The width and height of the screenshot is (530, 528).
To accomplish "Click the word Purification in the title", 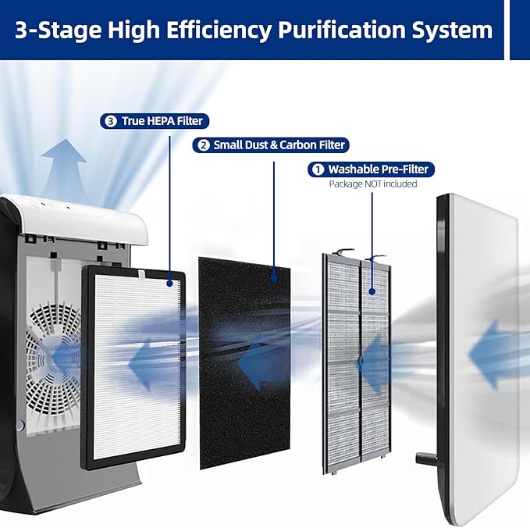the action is (x=341, y=30).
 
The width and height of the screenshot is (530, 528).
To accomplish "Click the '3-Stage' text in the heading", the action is (x=58, y=30).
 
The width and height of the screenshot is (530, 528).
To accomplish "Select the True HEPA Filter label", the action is (x=155, y=121).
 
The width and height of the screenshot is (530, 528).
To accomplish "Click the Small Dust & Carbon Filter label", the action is (x=271, y=145).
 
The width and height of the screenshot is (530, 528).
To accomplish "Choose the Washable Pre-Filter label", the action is (x=371, y=169).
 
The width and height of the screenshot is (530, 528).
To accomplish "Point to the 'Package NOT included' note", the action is (x=373, y=184).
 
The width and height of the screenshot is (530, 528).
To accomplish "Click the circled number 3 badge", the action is (x=111, y=121).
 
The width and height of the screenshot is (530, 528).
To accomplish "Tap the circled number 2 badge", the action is (x=203, y=145).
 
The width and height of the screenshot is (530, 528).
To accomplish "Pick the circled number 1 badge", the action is (x=318, y=169).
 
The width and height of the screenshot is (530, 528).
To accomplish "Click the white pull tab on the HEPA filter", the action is (x=141, y=275).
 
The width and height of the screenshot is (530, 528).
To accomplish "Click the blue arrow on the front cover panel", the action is (x=493, y=355).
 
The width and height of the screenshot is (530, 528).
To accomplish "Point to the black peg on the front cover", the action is (x=426, y=458).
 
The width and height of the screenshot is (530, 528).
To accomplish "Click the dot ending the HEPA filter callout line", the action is (x=169, y=283).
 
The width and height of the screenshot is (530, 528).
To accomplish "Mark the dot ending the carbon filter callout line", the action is (x=274, y=278).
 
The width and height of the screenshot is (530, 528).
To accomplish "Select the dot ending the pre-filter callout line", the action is (x=372, y=291).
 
